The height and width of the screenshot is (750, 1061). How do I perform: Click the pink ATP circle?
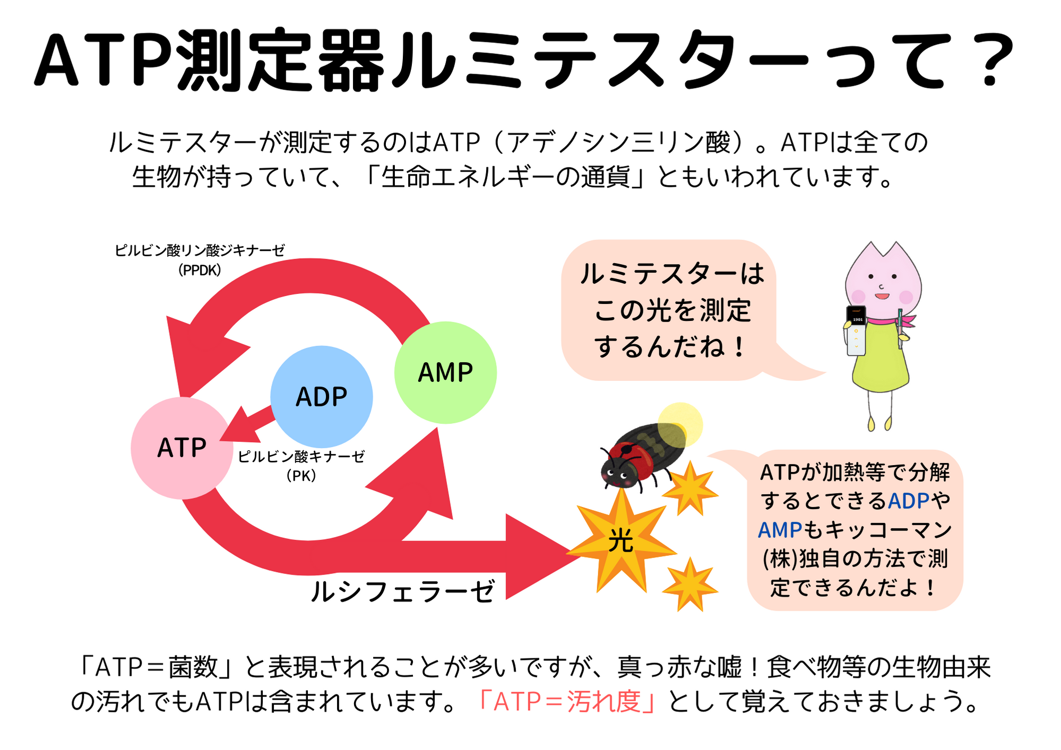click(182, 448)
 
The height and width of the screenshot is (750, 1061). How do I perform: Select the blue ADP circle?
click(321, 397)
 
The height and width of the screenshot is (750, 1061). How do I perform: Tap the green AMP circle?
click(445, 372)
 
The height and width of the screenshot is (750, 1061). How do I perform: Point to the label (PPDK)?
click(200, 271)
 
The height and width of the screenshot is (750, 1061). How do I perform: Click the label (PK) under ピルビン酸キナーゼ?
click(301, 476)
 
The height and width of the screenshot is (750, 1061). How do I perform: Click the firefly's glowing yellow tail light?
click(679, 425)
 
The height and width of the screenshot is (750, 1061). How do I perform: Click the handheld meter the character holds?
click(856, 330)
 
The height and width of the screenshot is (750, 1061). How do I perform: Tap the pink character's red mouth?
click(882, 296)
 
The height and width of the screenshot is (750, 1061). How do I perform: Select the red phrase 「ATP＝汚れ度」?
click(567, 701)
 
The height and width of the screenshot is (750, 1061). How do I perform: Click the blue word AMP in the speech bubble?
click(780, 530)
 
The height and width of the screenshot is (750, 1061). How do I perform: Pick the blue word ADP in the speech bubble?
click(909, 501)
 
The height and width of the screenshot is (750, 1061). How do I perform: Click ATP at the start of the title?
click(103, 59)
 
